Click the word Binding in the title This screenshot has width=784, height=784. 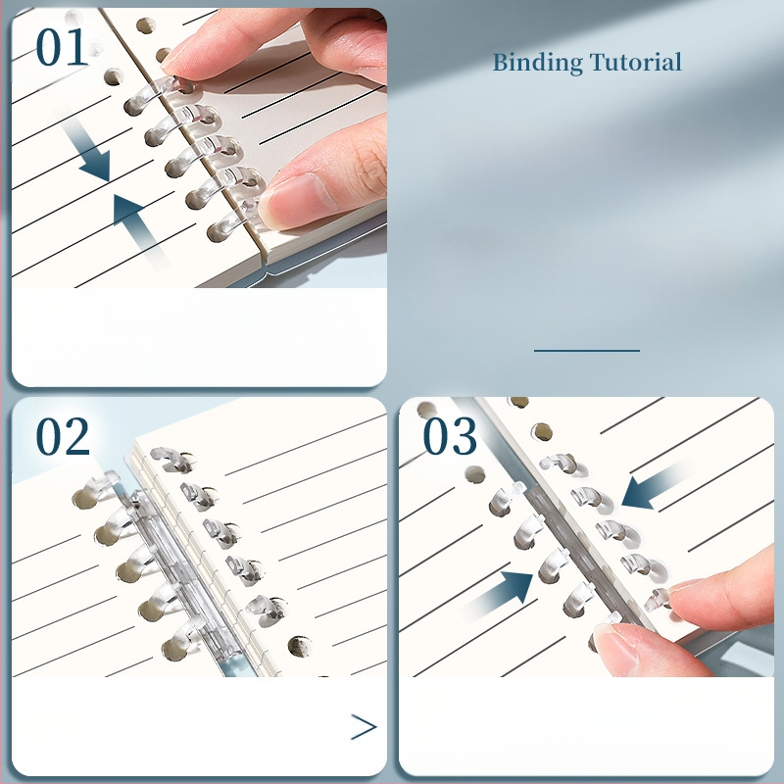(x=537, y=64)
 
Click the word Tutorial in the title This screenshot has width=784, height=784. (x=635, y=62)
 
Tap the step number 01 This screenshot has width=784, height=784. (x=62, y=47)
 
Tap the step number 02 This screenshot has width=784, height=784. (x=63, y=436)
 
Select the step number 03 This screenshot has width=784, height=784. (x=450, y=436)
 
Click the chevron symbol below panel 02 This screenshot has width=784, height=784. (x=364, y=726)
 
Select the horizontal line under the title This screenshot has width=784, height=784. (x=587, y=351)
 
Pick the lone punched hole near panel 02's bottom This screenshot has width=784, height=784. (x=300, y=646)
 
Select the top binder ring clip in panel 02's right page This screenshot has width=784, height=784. (x=171, y=459)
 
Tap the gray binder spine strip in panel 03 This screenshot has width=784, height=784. (x=580, y=550)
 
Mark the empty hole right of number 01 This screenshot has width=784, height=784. (x=145, y=25)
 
